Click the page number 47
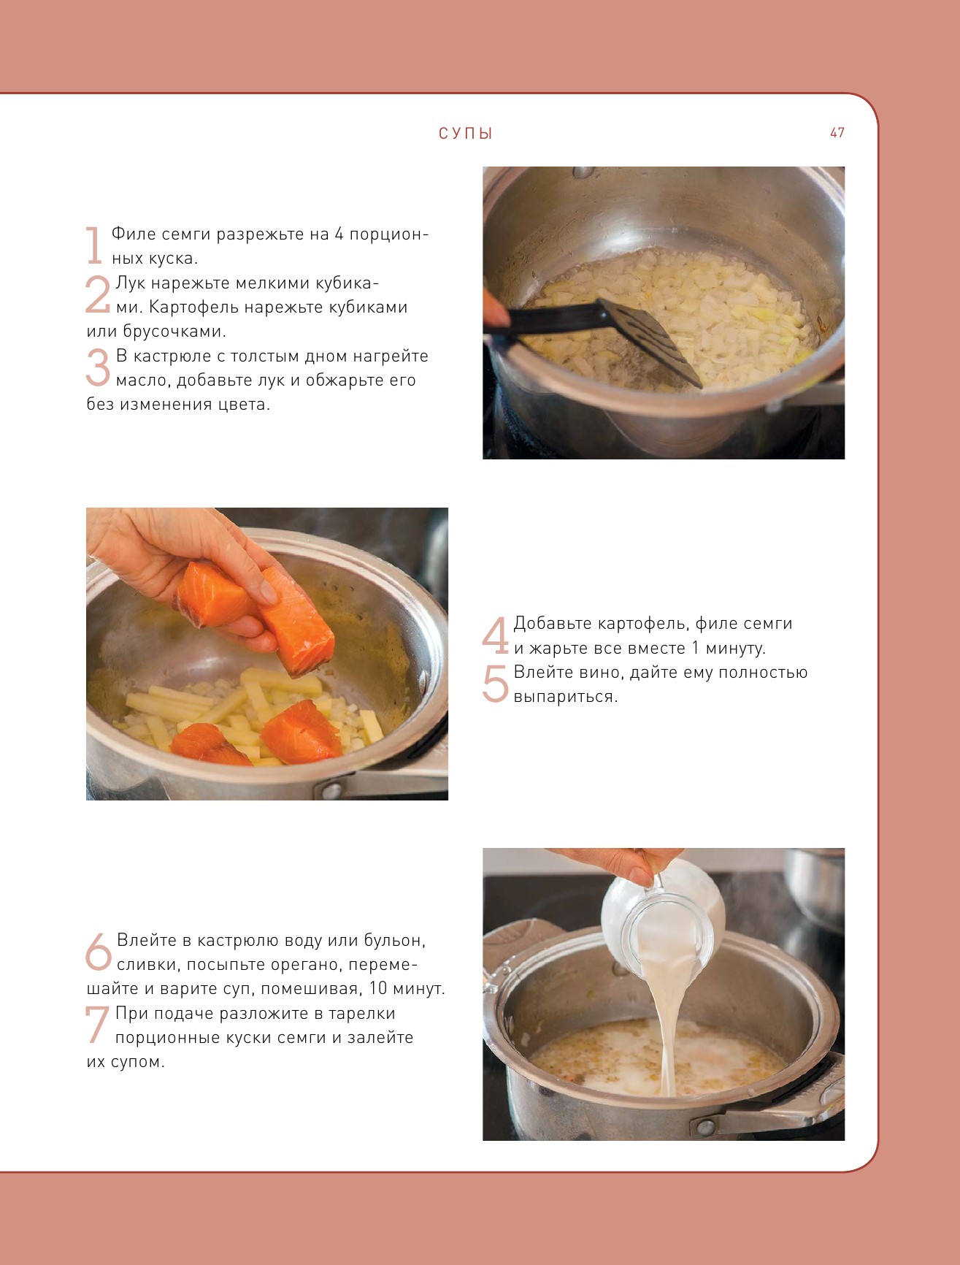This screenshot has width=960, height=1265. [837, 133]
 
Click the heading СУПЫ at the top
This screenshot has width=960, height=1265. [466, 134]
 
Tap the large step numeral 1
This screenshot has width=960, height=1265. [93, 245]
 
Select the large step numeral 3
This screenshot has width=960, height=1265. [98, 367]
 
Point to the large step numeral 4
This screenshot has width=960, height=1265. [495, 635]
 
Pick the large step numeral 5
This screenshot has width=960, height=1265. [495, 684]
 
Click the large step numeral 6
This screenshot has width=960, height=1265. [99, 952]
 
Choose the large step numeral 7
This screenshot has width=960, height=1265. [97, 1025]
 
